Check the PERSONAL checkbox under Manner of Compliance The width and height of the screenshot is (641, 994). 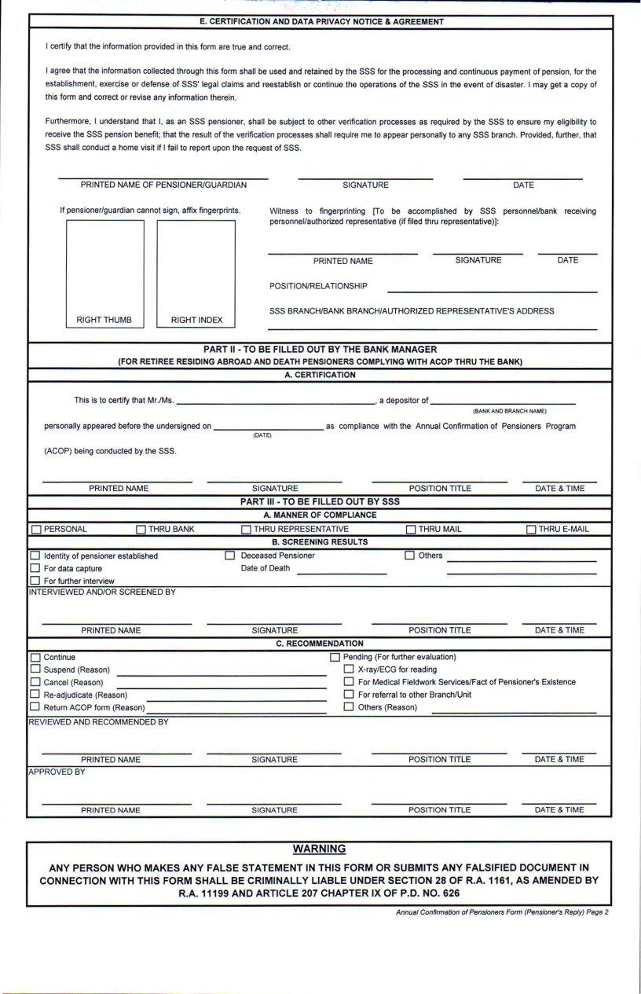[36, 530]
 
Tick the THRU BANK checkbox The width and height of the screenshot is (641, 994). [141, 530]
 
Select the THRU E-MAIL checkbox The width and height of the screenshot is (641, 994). [531, 530]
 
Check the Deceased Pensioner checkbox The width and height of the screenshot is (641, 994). [230, 556]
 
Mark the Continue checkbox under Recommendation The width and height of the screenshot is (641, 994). [35, 657]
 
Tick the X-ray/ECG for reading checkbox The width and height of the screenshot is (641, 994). [350, 669]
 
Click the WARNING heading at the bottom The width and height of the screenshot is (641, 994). [319, 849]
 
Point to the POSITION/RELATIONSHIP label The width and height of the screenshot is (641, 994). [318, 286]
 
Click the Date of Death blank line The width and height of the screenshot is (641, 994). [342, 570]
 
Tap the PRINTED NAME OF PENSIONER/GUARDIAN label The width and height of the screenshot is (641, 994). [163, 185]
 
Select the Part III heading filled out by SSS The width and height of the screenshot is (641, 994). [320, 501]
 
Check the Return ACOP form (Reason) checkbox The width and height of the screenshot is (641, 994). [35, 706]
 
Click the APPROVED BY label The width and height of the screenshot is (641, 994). [57, 772]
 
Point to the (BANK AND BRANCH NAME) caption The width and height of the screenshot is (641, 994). [509, 411]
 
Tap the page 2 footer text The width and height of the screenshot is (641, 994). [503, 912]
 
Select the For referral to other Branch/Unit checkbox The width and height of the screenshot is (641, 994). [350, 695]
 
